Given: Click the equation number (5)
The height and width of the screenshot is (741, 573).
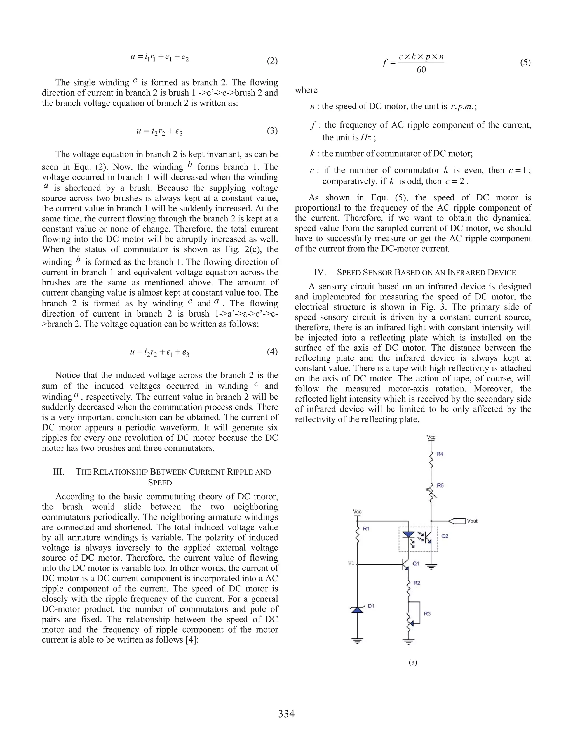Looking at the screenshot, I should coord(525,63).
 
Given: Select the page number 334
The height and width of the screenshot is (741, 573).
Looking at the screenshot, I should coord(286,714).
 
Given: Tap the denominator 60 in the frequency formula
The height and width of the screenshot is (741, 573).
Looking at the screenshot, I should coord(421,70).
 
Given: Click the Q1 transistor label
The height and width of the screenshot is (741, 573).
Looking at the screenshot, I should coord(416,563).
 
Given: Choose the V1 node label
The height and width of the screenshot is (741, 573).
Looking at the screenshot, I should coord(351,563).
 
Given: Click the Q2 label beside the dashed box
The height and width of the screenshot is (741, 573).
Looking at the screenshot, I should coord(445,536).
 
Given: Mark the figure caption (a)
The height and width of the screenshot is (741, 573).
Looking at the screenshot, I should coord(413,662).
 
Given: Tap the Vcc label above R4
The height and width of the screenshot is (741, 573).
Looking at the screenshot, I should coord(431,438).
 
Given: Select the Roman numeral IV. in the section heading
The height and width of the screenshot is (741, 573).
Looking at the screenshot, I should coord(320,272).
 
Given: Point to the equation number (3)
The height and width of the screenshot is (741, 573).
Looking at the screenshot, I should coord(272,131).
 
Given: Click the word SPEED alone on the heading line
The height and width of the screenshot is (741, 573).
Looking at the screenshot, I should coord(160,482).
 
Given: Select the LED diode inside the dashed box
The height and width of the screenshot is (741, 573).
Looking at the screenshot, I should coord(408,535).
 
